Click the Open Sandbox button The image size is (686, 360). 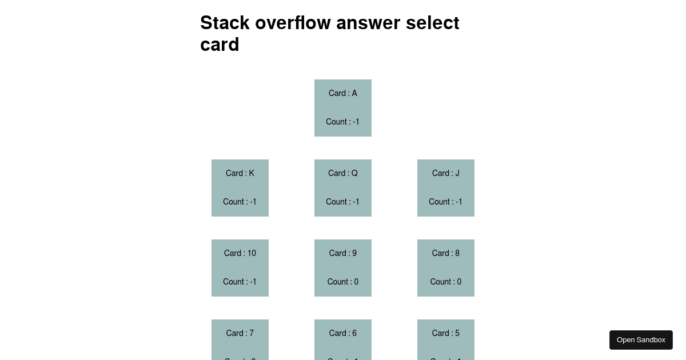point(641,340)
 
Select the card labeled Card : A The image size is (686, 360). point(343,107)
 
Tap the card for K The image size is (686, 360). point(240,187)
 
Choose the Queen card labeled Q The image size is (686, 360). point(343,187)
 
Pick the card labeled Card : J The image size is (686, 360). point(446,187)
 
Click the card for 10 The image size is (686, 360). point(240,267)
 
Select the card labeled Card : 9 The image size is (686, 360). point(343,267)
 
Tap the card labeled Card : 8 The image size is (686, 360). point(446,267)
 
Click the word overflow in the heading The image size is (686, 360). point(293,23)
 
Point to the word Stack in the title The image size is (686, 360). point(225,23)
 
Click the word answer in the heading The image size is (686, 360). point(368,23)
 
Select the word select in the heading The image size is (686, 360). point(432,23)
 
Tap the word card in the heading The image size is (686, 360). point(220,45)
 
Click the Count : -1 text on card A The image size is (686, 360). point(343,122)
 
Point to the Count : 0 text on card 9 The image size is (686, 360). point(343,282)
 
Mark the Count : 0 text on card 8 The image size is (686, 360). point(446,282)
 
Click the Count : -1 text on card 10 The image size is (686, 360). point(240,282)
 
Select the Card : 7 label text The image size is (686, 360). point(240,333)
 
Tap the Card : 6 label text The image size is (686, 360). point(343,333)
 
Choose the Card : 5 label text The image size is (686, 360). point(446,333)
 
